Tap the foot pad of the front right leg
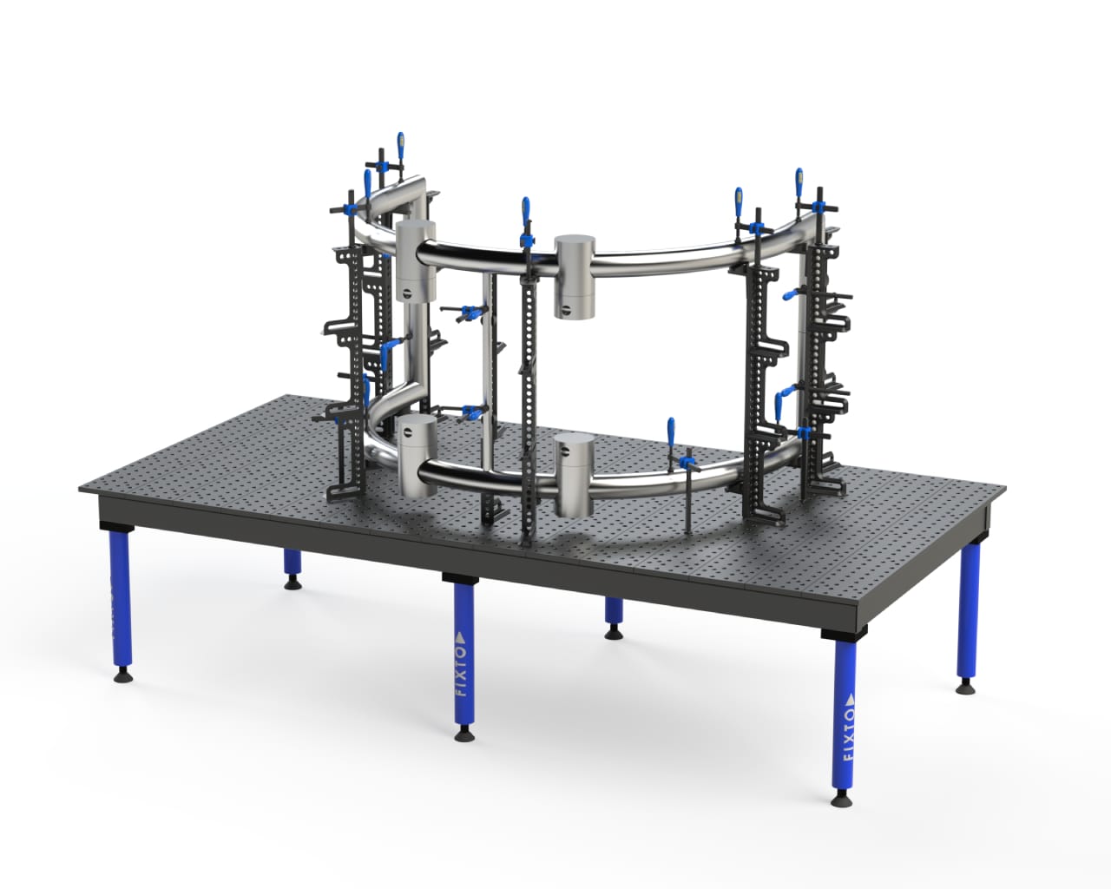[841, 797]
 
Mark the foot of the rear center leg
[614, 631]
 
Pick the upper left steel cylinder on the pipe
[414, 260]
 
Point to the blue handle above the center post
[525, 212]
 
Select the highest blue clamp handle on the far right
[799, 183]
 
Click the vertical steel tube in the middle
[489, 365]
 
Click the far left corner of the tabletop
[80, 488]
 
